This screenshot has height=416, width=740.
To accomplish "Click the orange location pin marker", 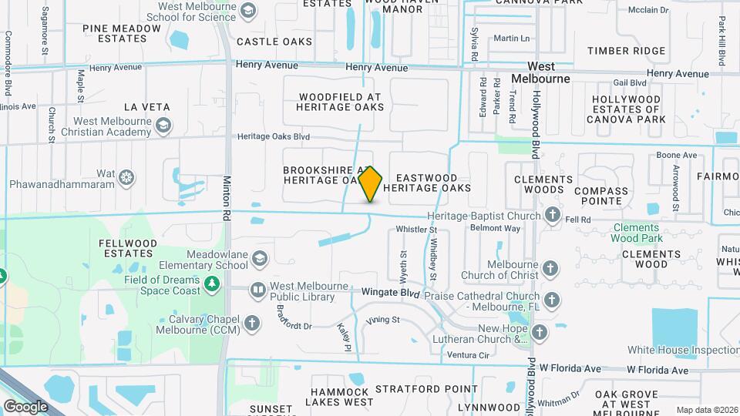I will click(x=370, y=183).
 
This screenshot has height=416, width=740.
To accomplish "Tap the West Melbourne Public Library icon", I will click(x=258, y=290).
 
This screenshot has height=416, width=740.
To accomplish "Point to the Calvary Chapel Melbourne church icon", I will click(x=252, y=324).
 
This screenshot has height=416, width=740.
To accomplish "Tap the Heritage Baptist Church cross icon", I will click(x=553, y=216).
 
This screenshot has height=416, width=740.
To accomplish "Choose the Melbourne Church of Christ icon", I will click(x=550, y=269).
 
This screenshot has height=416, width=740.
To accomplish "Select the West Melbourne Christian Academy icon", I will click(x=163, y=126).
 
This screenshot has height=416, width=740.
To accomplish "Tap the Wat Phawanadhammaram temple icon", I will click(x=127, y=179).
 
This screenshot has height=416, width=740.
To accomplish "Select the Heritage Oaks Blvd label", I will click(x=274, y=136).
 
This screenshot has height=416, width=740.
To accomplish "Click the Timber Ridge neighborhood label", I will click(x=626, y=51).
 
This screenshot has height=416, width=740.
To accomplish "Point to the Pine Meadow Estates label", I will click(x=123, y=34).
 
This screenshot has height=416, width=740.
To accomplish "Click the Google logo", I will click(x=25, y=406).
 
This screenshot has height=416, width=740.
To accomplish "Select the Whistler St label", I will click(x=416, y=229).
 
